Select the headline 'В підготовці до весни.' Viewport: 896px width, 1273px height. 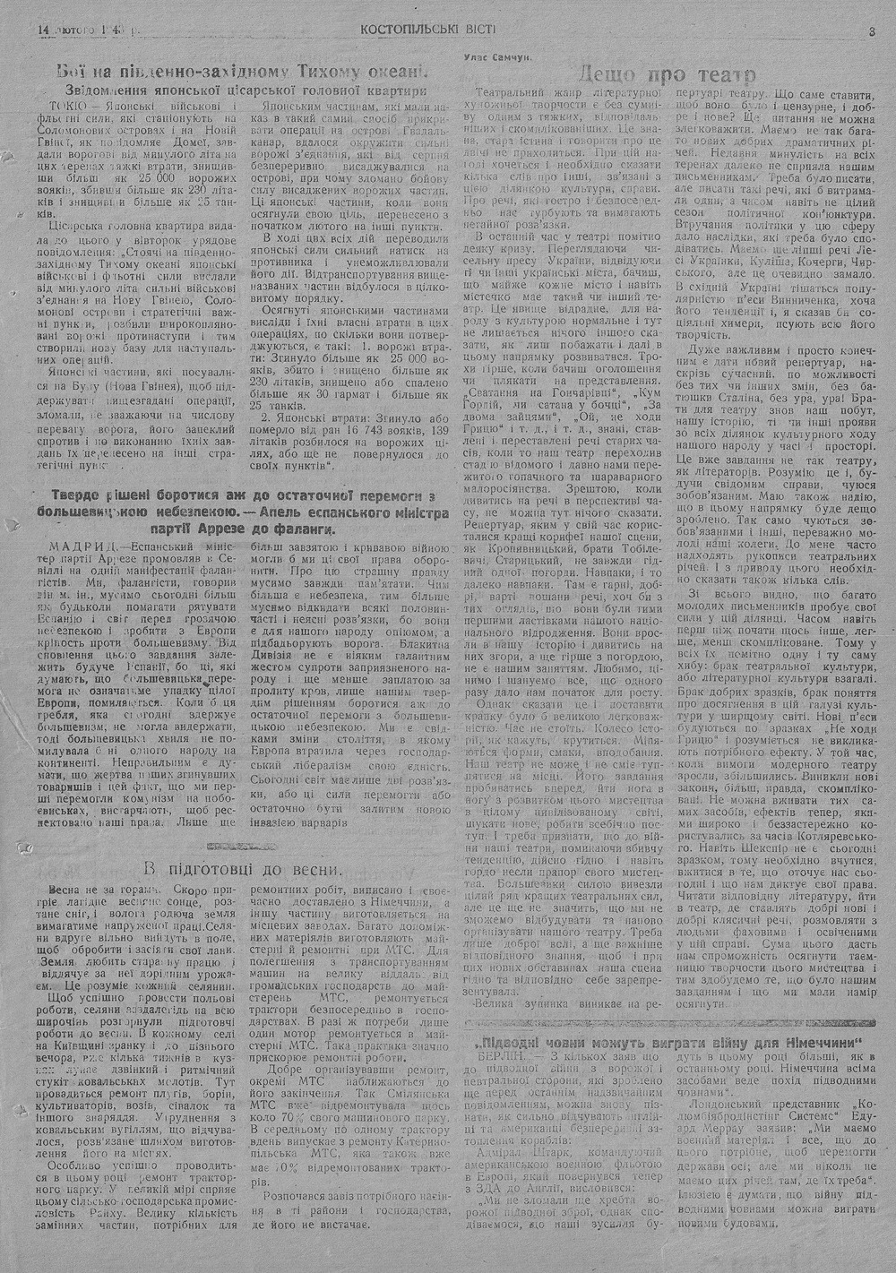click(243, 868)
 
